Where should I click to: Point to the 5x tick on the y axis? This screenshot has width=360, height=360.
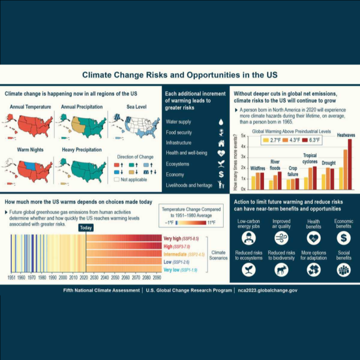pos(243,135)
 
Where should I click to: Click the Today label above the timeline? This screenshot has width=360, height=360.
pos(86,228)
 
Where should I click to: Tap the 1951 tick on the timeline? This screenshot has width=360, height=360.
pos(11,278)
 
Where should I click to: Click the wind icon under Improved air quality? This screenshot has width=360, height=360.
pos(281,239)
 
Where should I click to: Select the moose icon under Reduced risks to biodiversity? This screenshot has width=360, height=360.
pos(281,270)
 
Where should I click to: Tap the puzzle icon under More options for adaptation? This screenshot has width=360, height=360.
pos(313,270)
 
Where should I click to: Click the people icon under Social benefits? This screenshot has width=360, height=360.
pos(344,270)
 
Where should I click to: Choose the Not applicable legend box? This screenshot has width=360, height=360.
pos(117,179)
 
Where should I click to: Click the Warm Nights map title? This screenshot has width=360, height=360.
pos(30,150)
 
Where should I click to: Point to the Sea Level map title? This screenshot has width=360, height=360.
pos(136,107)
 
